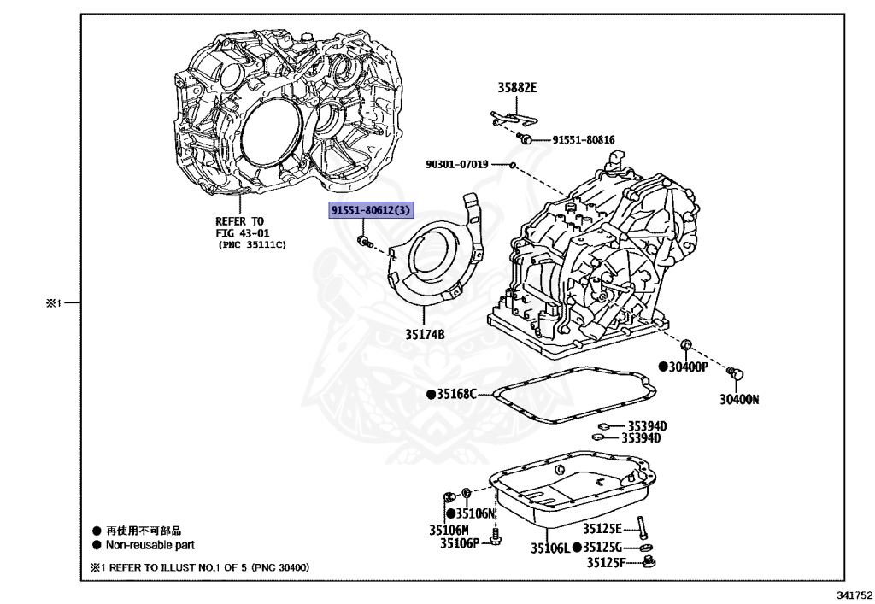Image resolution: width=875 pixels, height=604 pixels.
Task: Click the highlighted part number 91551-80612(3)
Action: [x=371, y=210]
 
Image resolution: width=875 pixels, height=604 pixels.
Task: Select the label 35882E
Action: [x=517, y=87]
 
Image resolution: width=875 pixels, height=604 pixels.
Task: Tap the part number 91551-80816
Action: [x=583, y=139]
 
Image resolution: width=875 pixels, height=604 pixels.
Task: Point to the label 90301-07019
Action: [x=457, y=165]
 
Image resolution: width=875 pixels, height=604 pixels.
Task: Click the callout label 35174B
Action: [x=425, y=335]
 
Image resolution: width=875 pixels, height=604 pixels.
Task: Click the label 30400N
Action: [x=739, y=399]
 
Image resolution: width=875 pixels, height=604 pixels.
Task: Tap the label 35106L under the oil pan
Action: [x=550, y=548]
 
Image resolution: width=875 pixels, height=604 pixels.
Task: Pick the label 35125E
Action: [x=602, y=529]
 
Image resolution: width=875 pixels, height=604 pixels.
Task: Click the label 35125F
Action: [x=606, y=562]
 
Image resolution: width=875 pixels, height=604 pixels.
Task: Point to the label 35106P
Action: [x=460, y=543]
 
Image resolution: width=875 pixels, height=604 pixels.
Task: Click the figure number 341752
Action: [x=854, y=595]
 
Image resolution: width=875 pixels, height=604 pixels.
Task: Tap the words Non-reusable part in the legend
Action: [x=150, y=545]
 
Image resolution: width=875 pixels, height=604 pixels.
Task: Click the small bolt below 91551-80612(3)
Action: [x=364, y=242]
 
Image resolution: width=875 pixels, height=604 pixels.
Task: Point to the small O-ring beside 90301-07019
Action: [x=513, y=165]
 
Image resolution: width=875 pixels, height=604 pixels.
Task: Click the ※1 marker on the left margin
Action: [x=54, y=303]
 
